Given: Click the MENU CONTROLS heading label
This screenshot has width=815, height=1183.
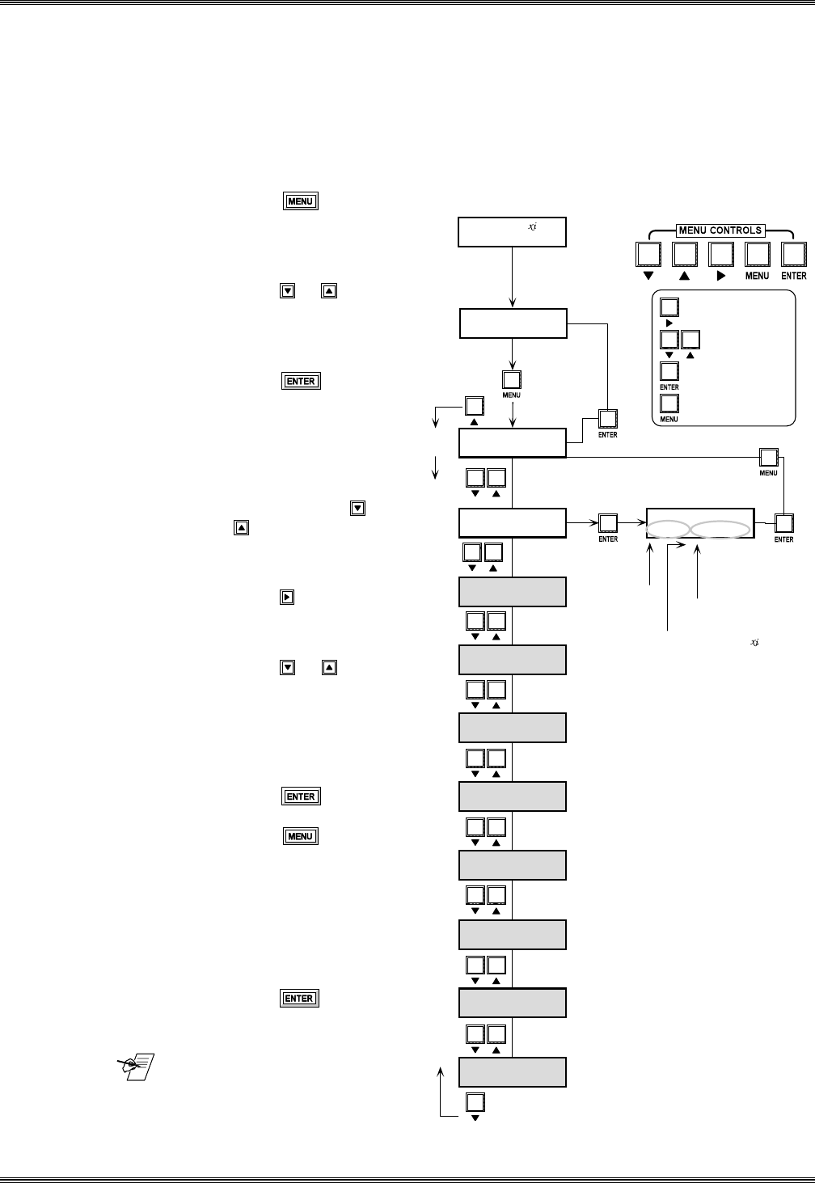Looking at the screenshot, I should (x=720, y=230).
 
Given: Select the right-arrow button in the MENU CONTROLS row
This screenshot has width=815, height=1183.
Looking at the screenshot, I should (x=720, y=255).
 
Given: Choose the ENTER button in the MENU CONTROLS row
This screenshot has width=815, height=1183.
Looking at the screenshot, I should (x=793, y=255).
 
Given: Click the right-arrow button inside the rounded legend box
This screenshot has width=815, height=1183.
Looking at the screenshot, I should (x=669, y=307).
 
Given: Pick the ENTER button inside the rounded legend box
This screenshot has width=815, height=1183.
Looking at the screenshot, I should (x=669, y=371).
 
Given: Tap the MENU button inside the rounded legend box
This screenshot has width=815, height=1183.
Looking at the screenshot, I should (x=669, y=403).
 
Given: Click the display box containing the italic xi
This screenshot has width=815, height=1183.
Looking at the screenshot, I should (x=512, y=232).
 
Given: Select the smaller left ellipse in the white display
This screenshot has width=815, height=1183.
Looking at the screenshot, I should (x=668, y=530).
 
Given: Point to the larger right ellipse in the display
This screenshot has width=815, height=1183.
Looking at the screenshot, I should (x=720, y=530).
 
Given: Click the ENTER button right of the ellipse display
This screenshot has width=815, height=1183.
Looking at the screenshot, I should (x=783, y=523).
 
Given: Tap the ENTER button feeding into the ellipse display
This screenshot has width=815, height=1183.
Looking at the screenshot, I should (x=608, y=523).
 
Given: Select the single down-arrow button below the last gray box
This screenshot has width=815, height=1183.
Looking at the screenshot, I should (x=475, y=1103).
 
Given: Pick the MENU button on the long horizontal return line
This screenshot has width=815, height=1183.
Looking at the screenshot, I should (x=768, y=457).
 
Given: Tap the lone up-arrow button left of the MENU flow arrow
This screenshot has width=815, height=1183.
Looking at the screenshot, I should (x=475, y=407).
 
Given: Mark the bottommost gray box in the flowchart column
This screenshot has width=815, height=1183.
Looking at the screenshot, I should (x=512, y=1072).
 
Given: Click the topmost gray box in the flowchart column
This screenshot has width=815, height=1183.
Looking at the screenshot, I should (x=512, y=592).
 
